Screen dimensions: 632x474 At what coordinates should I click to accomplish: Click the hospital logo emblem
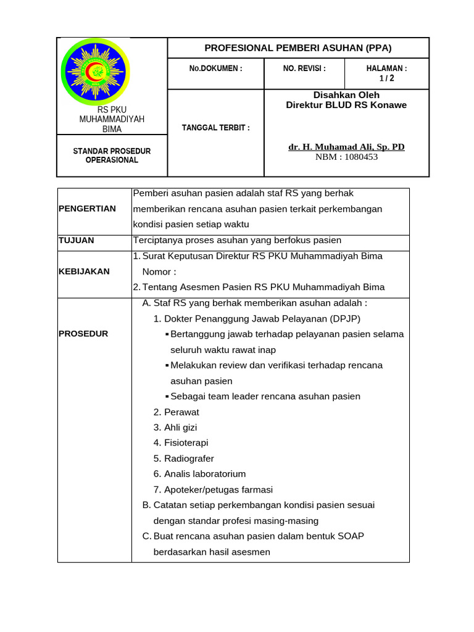[x=96, y=72]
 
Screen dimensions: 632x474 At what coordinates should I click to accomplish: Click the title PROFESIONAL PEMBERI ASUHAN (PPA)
[x=298, y=48]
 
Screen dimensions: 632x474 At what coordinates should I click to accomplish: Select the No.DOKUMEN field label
[x=215, y=69]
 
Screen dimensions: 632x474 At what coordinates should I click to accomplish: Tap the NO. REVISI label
[x=304, y=69]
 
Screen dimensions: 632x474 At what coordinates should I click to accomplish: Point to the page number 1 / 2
[x=386, y=78]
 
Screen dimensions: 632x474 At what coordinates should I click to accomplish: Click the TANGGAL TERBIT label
[x=215, y=128]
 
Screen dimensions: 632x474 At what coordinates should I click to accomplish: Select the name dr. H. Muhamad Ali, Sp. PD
[x=346, y=147]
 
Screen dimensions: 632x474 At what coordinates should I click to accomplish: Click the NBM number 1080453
[x=346, y=157]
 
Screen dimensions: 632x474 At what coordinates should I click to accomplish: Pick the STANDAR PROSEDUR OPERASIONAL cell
[x=112, y=156]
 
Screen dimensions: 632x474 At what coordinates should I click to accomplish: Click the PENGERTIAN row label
[x=87, y=209]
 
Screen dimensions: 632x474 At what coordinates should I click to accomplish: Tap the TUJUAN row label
[x=76, y=240]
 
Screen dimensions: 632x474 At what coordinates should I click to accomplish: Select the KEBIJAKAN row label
[x=84, y=271]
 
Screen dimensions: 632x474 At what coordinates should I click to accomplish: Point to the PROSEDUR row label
[x=83, y=334]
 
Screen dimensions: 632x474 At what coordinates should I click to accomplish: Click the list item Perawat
[x=181, y=412]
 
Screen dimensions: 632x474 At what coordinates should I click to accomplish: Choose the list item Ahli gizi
[x=180, y=427]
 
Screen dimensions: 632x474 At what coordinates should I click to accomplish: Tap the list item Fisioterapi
[x=186, y=443]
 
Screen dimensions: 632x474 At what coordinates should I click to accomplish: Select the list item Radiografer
[x=189, y=459]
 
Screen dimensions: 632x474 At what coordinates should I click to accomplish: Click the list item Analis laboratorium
[x=204, y=474]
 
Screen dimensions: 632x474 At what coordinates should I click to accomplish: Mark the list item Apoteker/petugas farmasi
[x=218, y=489]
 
